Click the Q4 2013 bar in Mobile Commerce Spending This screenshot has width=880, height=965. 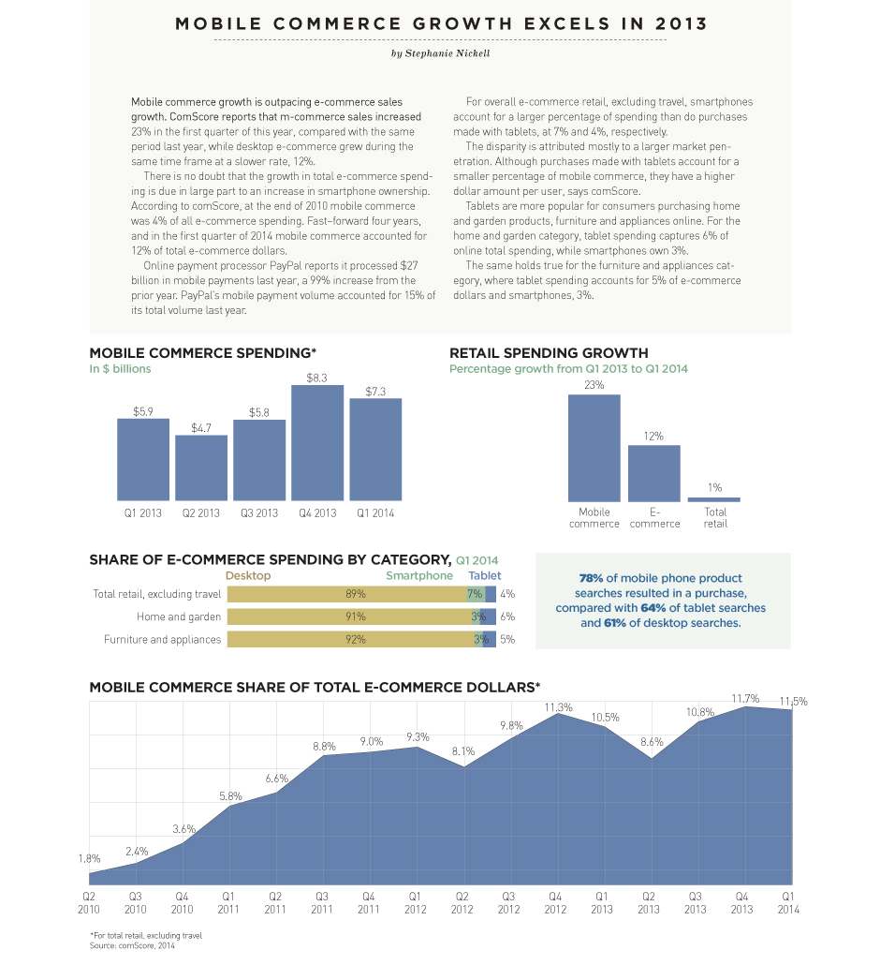coord(317,442)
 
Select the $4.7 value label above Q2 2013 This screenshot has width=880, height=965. coord(201,428)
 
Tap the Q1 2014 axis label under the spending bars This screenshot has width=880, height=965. coord(375,513)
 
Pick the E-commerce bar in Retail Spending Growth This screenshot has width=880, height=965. coord(653,473)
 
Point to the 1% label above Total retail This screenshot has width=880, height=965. coord(714,487)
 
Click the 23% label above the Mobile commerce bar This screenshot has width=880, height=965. coord(594,385)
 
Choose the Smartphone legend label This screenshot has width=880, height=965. coord(419,576)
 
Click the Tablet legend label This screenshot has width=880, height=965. coord(485,576)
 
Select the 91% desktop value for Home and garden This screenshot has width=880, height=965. coord(355,616)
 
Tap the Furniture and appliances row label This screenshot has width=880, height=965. coord(163,640)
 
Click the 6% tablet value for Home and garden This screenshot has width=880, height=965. coord(507,616)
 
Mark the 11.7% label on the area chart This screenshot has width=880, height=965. coord(745,699)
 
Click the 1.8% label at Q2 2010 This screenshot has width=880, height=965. coord(89,859)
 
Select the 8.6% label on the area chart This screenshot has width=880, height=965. coord(652,742)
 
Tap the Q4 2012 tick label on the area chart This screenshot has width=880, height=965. coord(555,903)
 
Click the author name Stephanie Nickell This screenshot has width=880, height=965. coord(440,53)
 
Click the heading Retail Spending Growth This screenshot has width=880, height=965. coord(549,353)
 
